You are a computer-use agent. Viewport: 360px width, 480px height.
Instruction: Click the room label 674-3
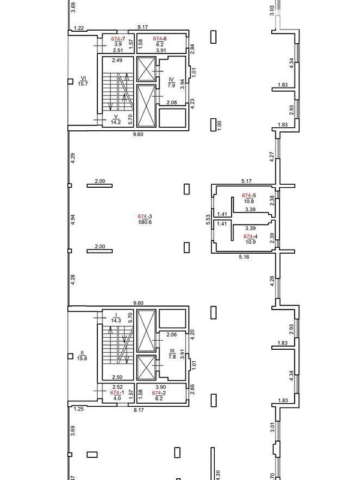pyautogui.click(x=145, y=217)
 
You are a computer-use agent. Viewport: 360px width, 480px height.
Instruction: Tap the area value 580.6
pyautogui.click(x=145, y=222)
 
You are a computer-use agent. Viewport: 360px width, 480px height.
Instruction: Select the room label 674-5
pyautogui.click(x=249, y=196)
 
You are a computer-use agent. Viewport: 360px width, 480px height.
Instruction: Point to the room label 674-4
pyautogui.click(x=250, y=236)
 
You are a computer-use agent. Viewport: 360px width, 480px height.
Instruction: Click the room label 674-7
pyautogui.click(x=118, y=39)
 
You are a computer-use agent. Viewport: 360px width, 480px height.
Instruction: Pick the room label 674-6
pyautogui.click(x=160, y=38)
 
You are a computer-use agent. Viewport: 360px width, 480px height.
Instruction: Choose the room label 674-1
pyautogui.click(x=117, y=393)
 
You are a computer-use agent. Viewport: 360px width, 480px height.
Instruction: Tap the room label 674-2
pyautogui.click(x=159, y=393)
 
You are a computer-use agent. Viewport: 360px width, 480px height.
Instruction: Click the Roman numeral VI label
pyautogui.click(x=83, y=78)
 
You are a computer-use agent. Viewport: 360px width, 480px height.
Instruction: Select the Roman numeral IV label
pyautogui.click(x=171, y=80)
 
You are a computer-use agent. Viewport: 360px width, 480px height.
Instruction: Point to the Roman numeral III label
pyautogui.click(x=172, y=351)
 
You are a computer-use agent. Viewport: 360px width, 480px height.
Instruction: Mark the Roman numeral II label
pyautogui.click(x=82, y=353)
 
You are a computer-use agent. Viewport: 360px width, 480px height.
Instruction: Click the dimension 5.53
pyautogui.click(x=208, y=220)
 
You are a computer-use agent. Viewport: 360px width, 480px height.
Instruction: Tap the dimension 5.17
pyautogui.click(x=247, y=181)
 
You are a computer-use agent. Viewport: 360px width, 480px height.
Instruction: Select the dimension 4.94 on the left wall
pyautogui.click(x=73, y=220)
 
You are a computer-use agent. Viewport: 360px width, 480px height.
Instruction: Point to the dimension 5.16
pyautogui.click(x=244, y=257)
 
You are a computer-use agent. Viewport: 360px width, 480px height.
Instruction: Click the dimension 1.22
pyautogui.click(x=79, y=28)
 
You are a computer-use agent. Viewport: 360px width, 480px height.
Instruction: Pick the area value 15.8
pyautogui.click(x=82, y=358)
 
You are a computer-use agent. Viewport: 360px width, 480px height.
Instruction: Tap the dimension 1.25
pyautogui.click(x=79, y=409)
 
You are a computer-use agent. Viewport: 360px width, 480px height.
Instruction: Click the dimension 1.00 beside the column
pyautogui.click(x=219, y=125)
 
